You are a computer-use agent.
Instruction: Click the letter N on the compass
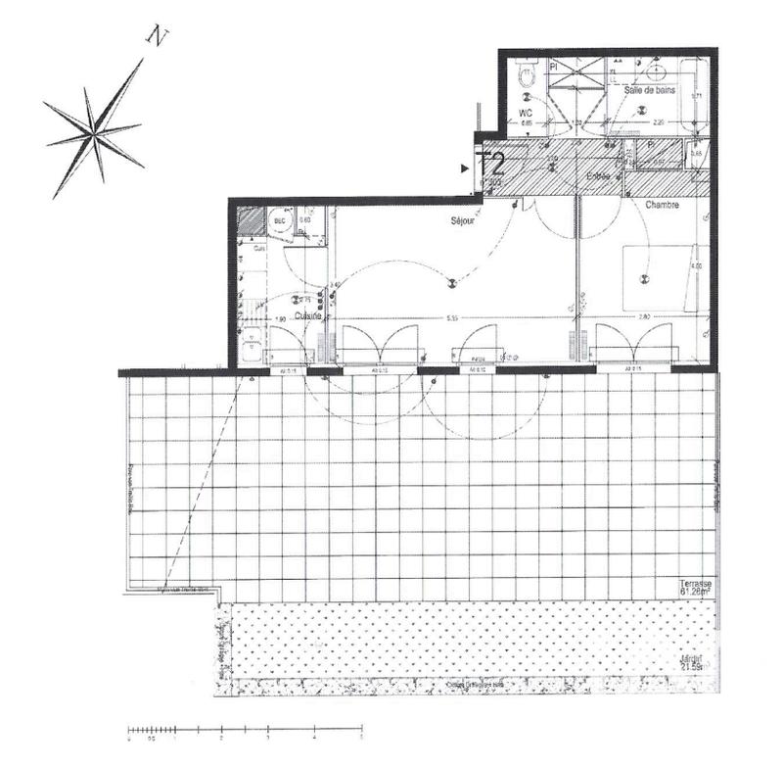point(157,36)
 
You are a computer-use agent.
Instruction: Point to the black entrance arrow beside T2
point(465,168)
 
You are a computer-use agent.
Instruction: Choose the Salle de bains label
point(653,89)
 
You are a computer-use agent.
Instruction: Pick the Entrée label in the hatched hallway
point(598,176)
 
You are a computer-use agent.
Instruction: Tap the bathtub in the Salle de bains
point(696,98)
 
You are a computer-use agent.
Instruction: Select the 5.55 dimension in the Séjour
point(452,317)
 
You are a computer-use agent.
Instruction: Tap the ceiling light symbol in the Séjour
point(451,283)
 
